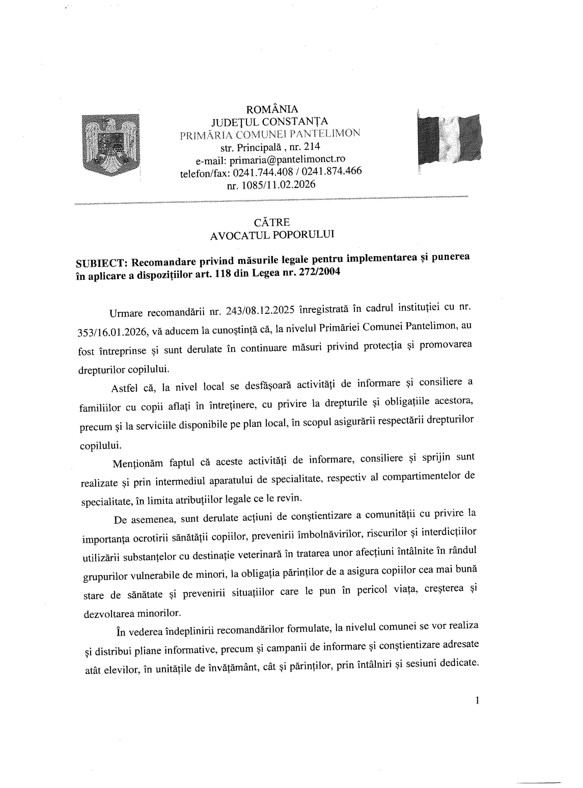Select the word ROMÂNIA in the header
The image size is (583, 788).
pos(272,109)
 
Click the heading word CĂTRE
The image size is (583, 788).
pos(272,222)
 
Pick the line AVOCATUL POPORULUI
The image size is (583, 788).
pos(272,235)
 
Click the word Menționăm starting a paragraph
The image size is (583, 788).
pos(138,463)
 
